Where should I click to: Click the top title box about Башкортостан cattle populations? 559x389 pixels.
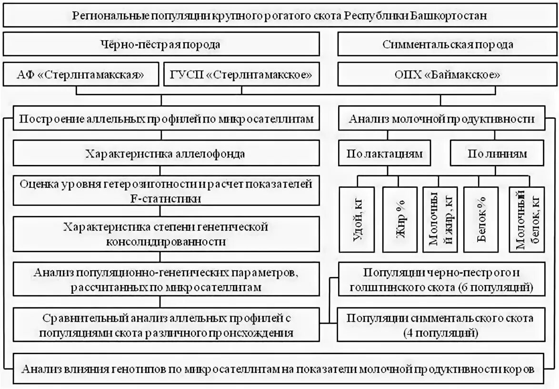pyautogui.click(x=279, y=15)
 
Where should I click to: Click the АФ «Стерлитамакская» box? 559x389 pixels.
pyautogui.click(x=82, y=74)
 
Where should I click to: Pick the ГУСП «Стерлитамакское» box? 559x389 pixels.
pyautogui.click(x=241, y=74)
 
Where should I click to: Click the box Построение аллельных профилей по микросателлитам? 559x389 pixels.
pyautogui.click(x=166, y=119)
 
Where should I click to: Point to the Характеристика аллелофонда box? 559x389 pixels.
pyautogui.click(x=166, y=154)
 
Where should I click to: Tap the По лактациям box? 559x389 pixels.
pyautogui.click(x=385, y=154)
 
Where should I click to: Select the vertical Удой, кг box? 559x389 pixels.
pyautogui.click(x=358, y=219)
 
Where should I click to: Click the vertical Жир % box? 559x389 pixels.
pyautogui.click(x=399, y=219)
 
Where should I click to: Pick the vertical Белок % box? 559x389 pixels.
pyautogui.click(x=481, y=219)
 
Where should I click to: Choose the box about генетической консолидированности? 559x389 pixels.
pyautogui.click(x=166, y=234)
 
